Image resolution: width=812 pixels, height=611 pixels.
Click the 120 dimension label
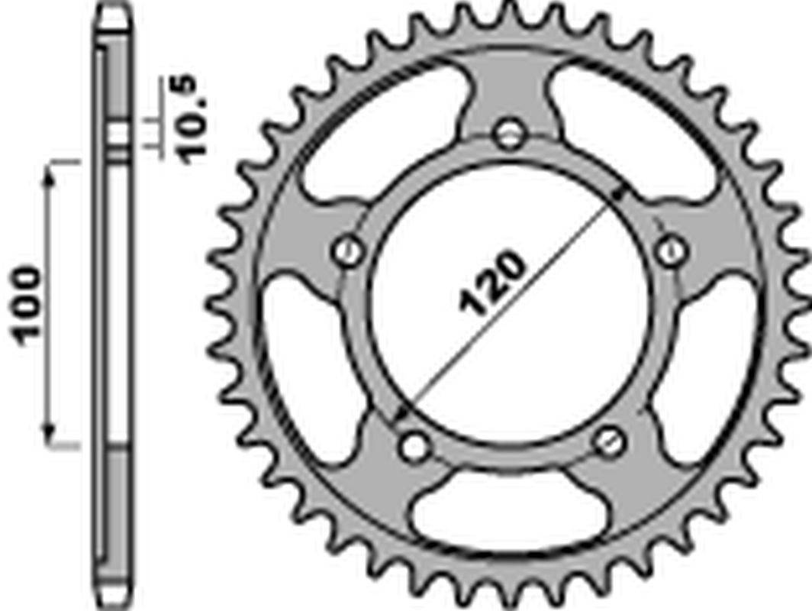tap(491, 283)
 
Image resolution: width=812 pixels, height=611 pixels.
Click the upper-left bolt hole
tap(347, 251)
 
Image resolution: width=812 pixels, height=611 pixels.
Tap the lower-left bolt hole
tap(415, 447)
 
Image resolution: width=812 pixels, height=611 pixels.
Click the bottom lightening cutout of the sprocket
tap(510, 510)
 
